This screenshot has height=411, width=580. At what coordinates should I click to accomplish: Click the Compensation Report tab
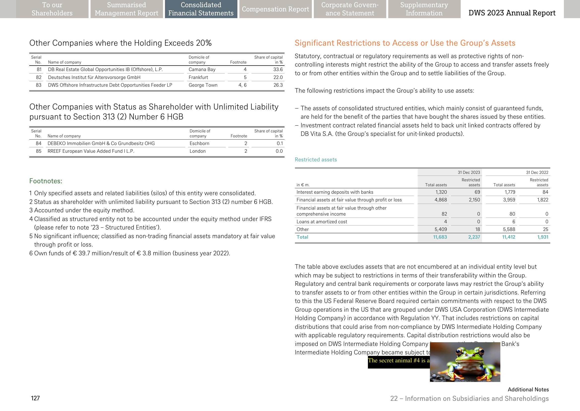coord(275,9)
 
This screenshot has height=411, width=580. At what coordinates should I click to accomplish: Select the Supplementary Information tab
coord(424,9)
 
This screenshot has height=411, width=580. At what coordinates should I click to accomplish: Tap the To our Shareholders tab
coord(52,9)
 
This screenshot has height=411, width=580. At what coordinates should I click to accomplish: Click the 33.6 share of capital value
coord(278,70)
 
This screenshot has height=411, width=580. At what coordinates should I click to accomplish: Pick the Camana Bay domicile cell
coord(202,70)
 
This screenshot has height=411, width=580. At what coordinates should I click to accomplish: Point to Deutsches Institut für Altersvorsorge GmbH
coord(94,77)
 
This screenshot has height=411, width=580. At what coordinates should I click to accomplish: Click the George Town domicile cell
coord(203,85)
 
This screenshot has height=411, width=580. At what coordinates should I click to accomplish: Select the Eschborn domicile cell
coord(199,144)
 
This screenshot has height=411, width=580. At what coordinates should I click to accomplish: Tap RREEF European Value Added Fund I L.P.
coord(91,151)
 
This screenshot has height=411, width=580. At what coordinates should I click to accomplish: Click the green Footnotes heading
coord(46,181)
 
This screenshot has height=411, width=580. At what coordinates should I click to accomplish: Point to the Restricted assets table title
coord(316,160)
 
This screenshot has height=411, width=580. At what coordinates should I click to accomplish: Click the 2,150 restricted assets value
coord(474,200)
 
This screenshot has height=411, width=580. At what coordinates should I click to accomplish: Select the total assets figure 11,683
coord(440,237)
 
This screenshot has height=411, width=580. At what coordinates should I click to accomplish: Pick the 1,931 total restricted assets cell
coord(543,237)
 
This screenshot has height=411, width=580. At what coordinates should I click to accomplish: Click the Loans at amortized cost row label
coord(322,222)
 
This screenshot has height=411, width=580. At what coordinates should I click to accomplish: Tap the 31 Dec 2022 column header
coord(537,172)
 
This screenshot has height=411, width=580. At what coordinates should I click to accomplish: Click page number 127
coord(35,398)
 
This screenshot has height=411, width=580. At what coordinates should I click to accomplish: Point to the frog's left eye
coord(459,352)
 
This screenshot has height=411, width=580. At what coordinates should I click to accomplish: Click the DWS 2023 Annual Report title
coord(512,13)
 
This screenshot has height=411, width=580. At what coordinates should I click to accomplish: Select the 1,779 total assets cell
coord(509,192)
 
